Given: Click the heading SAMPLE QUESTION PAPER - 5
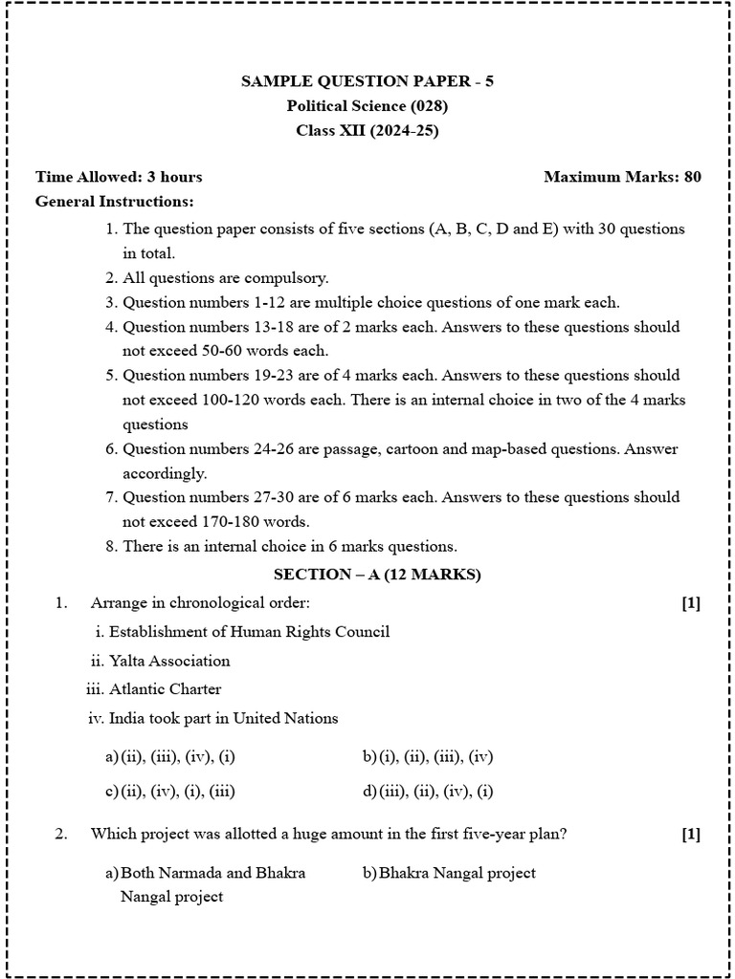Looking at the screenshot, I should click(367, 81).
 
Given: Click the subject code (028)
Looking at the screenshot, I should click(429, 106).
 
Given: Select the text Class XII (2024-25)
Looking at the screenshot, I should click(367, 131).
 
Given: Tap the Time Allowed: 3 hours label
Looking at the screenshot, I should click(119, 177).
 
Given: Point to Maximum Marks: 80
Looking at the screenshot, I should click(622, 177).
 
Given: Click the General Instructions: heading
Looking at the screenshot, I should click(114, 202).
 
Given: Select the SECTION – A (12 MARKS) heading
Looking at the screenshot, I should click(377, 575).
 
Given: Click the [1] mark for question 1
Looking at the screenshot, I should click(691, 603).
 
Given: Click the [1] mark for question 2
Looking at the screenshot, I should click(691, 835).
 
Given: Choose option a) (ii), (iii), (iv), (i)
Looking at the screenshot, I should click(170, 757).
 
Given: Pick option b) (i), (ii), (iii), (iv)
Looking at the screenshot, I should click(428, 757).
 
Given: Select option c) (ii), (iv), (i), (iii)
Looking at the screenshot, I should click(170, 791).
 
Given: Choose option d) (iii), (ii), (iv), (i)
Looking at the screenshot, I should click(428, 791).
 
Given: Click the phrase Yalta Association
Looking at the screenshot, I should click(169, 661).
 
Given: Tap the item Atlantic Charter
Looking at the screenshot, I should click(165, 689).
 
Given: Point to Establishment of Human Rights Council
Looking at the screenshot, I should click(249, 632).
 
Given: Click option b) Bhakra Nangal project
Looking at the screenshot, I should click(449, 873).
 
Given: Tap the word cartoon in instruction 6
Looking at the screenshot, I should click(382, 448).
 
